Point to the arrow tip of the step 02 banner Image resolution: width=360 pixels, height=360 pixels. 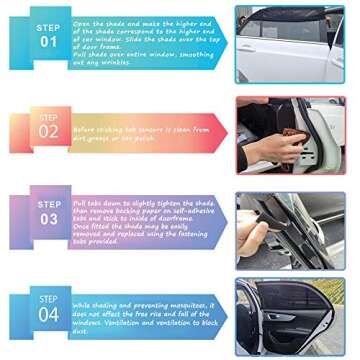tap(227, 130)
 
